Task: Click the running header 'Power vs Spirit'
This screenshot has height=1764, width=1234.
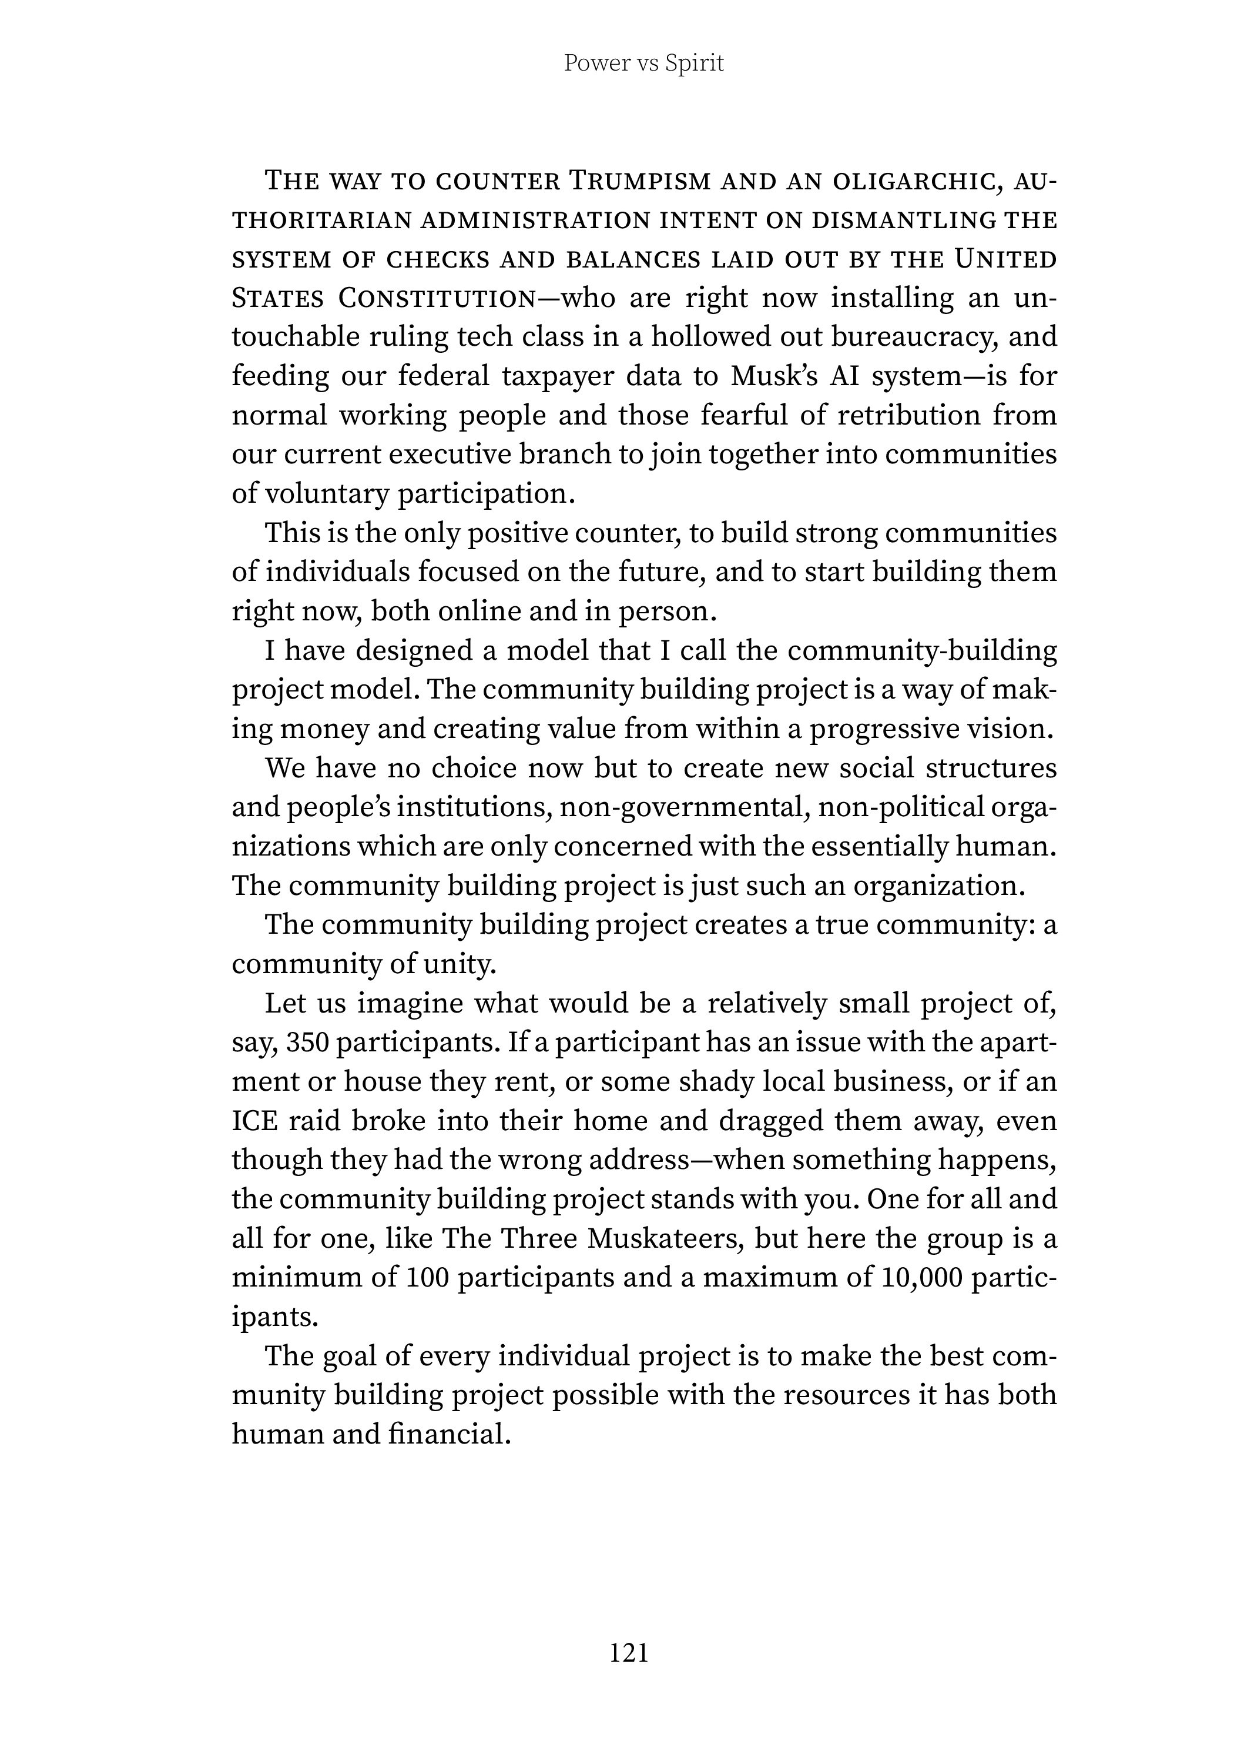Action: tap(643, 63)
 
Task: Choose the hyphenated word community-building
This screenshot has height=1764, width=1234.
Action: tap(922, 651)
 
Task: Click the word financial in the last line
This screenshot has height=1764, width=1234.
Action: tap(449, 1434)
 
